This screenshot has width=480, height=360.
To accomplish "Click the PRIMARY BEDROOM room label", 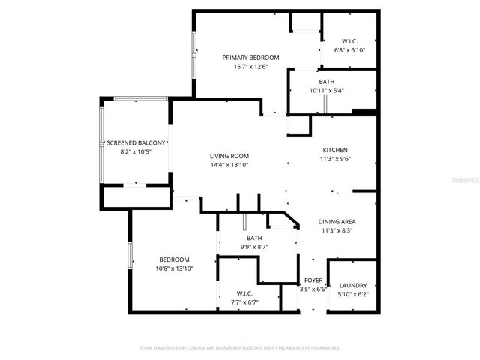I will (250, 58).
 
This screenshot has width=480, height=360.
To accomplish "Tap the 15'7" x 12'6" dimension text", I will (250, 67).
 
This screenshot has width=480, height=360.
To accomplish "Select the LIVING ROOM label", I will (229, 156).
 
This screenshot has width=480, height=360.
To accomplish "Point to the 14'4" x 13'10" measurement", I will (229, 165).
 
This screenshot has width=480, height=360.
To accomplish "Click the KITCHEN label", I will (336, 149).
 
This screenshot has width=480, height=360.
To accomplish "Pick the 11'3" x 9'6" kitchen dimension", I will (336, 158).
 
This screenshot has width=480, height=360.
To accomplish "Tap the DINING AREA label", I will (337, 222).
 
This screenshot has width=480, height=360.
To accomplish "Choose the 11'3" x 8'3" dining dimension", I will (337, 231).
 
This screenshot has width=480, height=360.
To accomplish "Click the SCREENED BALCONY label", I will (136, 142).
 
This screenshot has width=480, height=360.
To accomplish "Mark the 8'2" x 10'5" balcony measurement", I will (136, 151).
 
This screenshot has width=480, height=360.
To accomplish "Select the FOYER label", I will (313, 280).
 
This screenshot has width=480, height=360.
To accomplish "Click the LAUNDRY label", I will (352, 285).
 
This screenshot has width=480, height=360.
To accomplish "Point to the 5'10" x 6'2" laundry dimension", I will (352, 294).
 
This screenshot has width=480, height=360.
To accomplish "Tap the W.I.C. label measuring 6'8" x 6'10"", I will (349, 41).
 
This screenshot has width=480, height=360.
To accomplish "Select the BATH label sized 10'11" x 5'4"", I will (326, 82).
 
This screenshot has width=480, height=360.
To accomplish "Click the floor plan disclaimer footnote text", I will (240, 348).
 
